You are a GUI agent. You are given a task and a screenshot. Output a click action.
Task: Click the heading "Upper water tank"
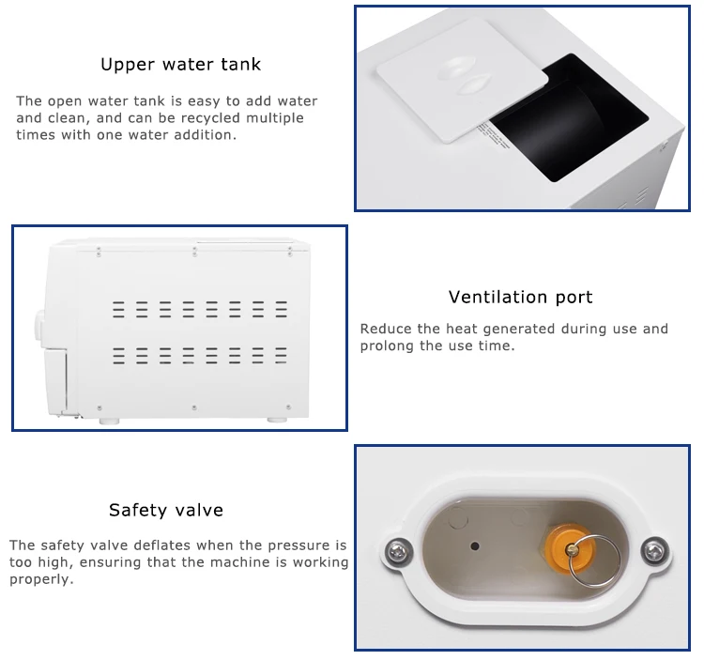point(180,65)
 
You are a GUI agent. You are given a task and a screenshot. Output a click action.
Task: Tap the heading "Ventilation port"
point(520,298)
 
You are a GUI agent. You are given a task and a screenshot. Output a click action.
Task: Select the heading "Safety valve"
point(166,511)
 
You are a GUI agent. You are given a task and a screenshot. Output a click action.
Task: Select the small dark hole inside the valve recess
point(476,545)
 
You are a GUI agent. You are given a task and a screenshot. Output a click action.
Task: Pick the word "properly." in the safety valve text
point(41,579)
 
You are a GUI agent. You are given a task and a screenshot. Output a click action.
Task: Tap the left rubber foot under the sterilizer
point(109,420)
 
